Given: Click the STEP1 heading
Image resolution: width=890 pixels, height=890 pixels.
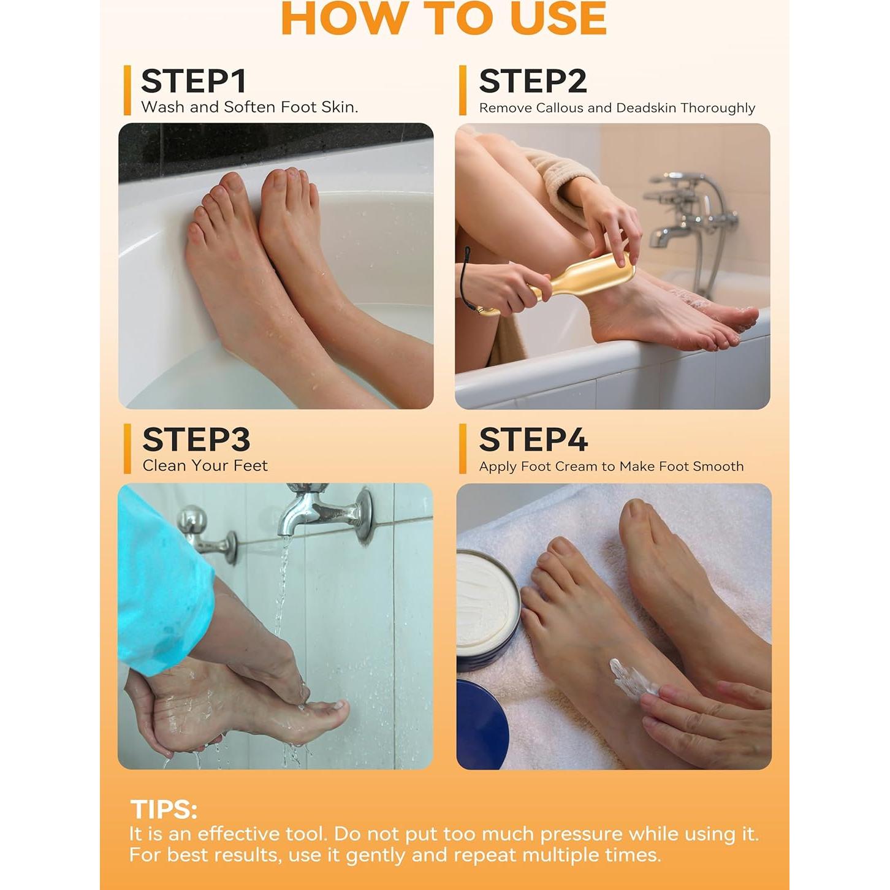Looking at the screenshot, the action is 194,82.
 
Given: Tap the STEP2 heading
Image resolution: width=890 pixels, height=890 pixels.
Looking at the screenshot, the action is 533,82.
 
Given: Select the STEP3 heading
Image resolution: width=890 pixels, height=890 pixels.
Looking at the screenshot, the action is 196,439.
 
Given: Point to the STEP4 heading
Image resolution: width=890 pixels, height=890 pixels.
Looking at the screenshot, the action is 533,439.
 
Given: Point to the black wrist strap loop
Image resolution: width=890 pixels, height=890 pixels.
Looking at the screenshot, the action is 463,277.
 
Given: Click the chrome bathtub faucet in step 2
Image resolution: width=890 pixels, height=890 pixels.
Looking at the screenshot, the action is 688,222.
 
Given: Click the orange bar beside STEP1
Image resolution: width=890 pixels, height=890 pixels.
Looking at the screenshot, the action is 127,90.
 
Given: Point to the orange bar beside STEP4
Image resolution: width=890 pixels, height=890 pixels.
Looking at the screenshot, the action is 463,449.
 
